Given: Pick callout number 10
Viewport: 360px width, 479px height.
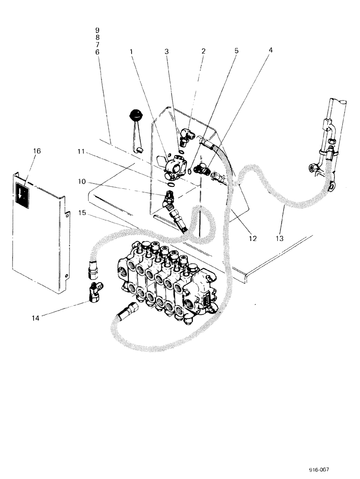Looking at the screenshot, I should point(81,182).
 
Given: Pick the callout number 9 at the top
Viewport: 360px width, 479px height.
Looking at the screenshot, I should point(97,30).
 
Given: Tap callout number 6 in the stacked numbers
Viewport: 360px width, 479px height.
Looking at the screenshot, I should point(97,51).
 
